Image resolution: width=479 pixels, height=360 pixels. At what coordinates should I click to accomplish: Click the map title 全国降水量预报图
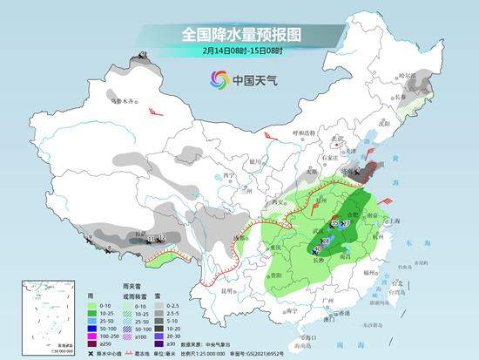tap(239, 35)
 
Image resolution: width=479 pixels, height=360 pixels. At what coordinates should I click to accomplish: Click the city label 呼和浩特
tap(305, 133)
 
